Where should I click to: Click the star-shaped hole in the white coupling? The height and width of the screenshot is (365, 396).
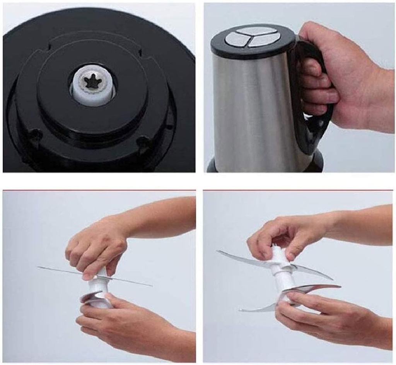point(93,82)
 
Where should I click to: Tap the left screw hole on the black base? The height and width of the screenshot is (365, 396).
point(36,134)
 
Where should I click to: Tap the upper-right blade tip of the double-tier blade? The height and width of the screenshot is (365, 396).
point(331,278)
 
